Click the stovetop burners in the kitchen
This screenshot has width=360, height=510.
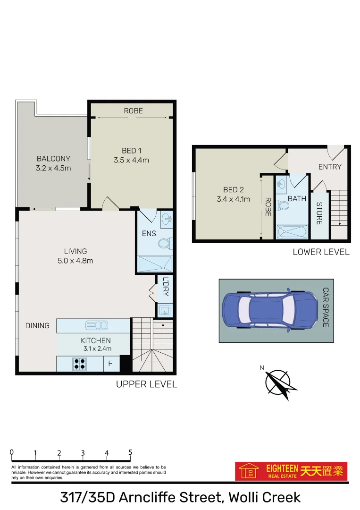tap(79, 364)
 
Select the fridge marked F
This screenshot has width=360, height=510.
tap(110, 364)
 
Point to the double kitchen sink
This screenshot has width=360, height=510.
tap(96, 325)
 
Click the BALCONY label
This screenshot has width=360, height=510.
tap(53, 159)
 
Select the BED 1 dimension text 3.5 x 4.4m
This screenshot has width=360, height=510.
tap(131, 160)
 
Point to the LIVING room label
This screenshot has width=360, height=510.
tap(75, 251)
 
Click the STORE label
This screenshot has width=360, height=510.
tap(319, 213)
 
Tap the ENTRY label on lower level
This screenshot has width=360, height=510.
tap(329, 167)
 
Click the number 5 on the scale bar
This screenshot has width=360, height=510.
tap(130, 452)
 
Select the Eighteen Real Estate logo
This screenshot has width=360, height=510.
tap(291, 471)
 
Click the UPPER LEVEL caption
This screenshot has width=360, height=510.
tap(146, 384)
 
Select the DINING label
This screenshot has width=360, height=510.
tap(37, 325)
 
